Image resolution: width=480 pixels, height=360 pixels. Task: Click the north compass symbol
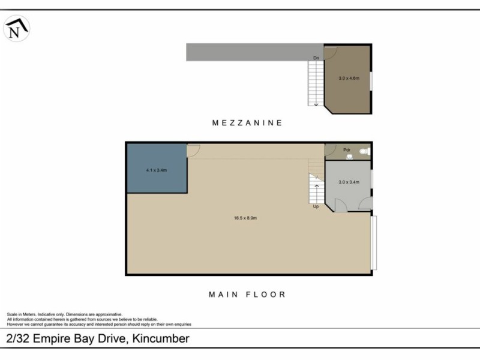tap(17, 28)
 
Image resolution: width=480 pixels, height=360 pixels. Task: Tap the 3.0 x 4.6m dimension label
tap(349, 78)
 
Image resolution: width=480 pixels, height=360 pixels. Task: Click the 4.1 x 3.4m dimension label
tap(156, 170)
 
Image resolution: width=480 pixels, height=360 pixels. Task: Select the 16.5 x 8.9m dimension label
tap(245, 218)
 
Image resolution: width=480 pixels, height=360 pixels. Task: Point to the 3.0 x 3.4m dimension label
tap(349, 182)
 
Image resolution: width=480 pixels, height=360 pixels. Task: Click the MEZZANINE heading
tap(247, 122)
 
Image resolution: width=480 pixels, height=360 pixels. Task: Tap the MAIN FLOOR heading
tap(247, 295)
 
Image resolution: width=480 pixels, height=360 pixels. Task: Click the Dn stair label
tap(316, 58)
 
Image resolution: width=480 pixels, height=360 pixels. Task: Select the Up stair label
tap(316, 206)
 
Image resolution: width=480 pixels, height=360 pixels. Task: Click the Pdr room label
tap(346, 150)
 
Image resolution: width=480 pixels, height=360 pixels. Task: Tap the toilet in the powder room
tap(365, 153)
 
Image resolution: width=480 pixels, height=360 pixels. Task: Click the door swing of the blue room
tap(193, 151)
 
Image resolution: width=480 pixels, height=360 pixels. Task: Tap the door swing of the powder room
tap(330, 149)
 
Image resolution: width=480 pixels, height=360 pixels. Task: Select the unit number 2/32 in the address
tap(19, 338)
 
